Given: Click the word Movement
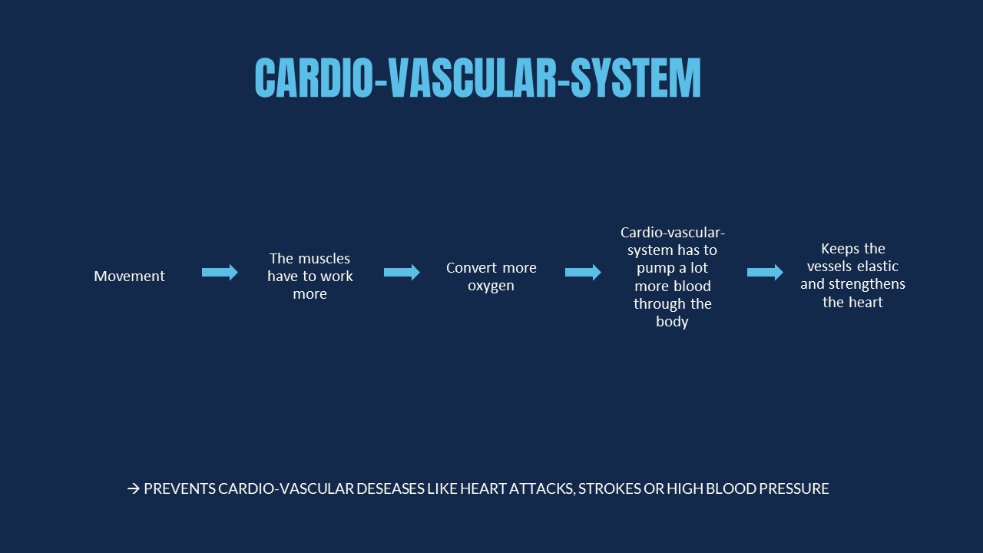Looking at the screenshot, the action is (130, 276).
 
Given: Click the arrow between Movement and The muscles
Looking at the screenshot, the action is (220, 272).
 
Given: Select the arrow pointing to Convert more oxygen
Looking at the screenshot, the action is (402, 272).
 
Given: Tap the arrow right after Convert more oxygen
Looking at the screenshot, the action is (583, 272).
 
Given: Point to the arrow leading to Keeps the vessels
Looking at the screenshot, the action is (766, 272).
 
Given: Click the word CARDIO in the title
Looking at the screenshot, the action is (313, 78).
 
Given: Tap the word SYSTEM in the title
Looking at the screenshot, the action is (636, 78).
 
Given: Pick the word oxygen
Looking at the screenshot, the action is (491, 286).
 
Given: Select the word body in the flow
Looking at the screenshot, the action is (672, 322).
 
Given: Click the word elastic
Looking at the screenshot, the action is (878, 266).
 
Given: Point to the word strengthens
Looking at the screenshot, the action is (867, 284).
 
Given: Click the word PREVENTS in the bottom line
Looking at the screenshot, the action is (180, 488).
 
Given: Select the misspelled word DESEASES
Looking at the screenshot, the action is (390, 488).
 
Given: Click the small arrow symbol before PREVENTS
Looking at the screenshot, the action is (134, 488).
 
